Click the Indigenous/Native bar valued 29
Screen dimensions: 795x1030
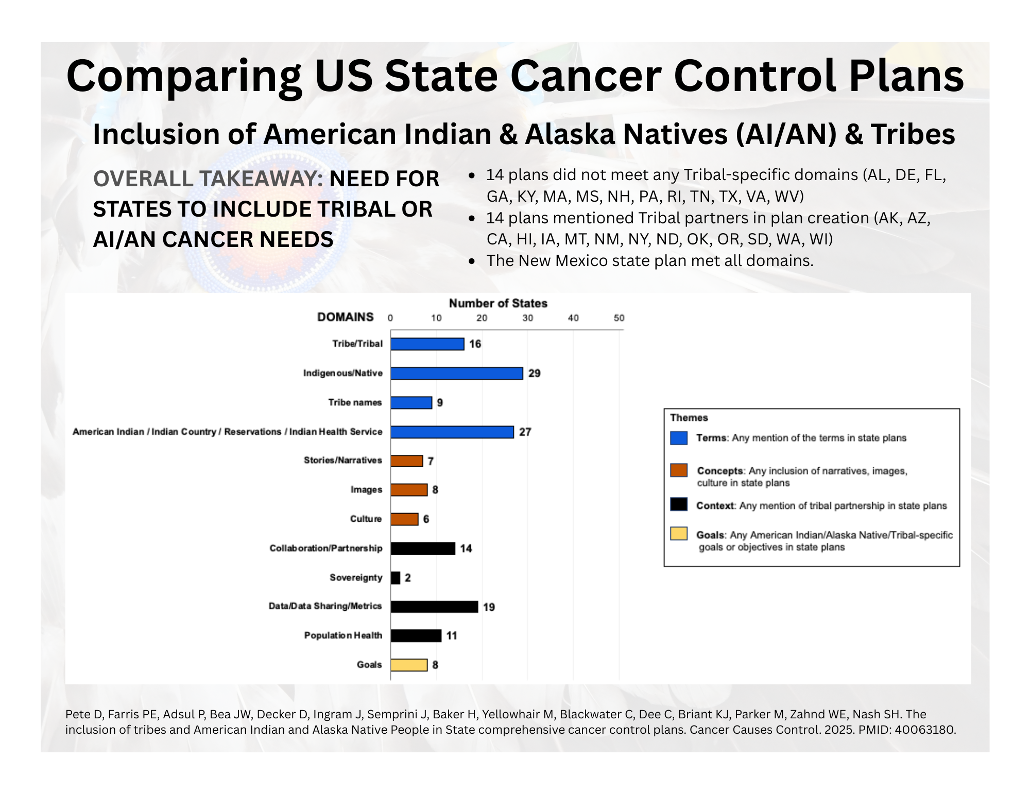pos(456,373)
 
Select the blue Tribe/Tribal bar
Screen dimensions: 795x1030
pos(427,344)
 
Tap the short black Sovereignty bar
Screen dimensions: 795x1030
pos(395,578)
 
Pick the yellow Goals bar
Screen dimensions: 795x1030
pos(408,665)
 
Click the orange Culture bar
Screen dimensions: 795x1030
pos(404,519)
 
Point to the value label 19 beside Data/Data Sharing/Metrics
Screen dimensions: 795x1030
pos(489,607)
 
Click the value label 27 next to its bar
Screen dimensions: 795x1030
pos(525,432)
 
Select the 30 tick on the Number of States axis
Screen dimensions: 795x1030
pos(527,318)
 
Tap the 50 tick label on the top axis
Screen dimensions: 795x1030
pos(619,318)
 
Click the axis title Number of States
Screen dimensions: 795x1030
pos(497,304)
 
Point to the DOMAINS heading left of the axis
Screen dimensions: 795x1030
pos(345,317)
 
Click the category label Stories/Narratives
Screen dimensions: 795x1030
pos(342,460)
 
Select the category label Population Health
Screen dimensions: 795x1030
pos(343,635)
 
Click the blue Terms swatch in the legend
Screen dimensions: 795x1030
pos(679,438)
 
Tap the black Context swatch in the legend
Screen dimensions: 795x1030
pos(679,504)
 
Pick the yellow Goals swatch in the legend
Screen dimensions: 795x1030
pos(679,534)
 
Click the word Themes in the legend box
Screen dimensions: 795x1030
pos(689,418)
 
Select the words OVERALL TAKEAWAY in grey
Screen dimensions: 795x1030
pos(208,179)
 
